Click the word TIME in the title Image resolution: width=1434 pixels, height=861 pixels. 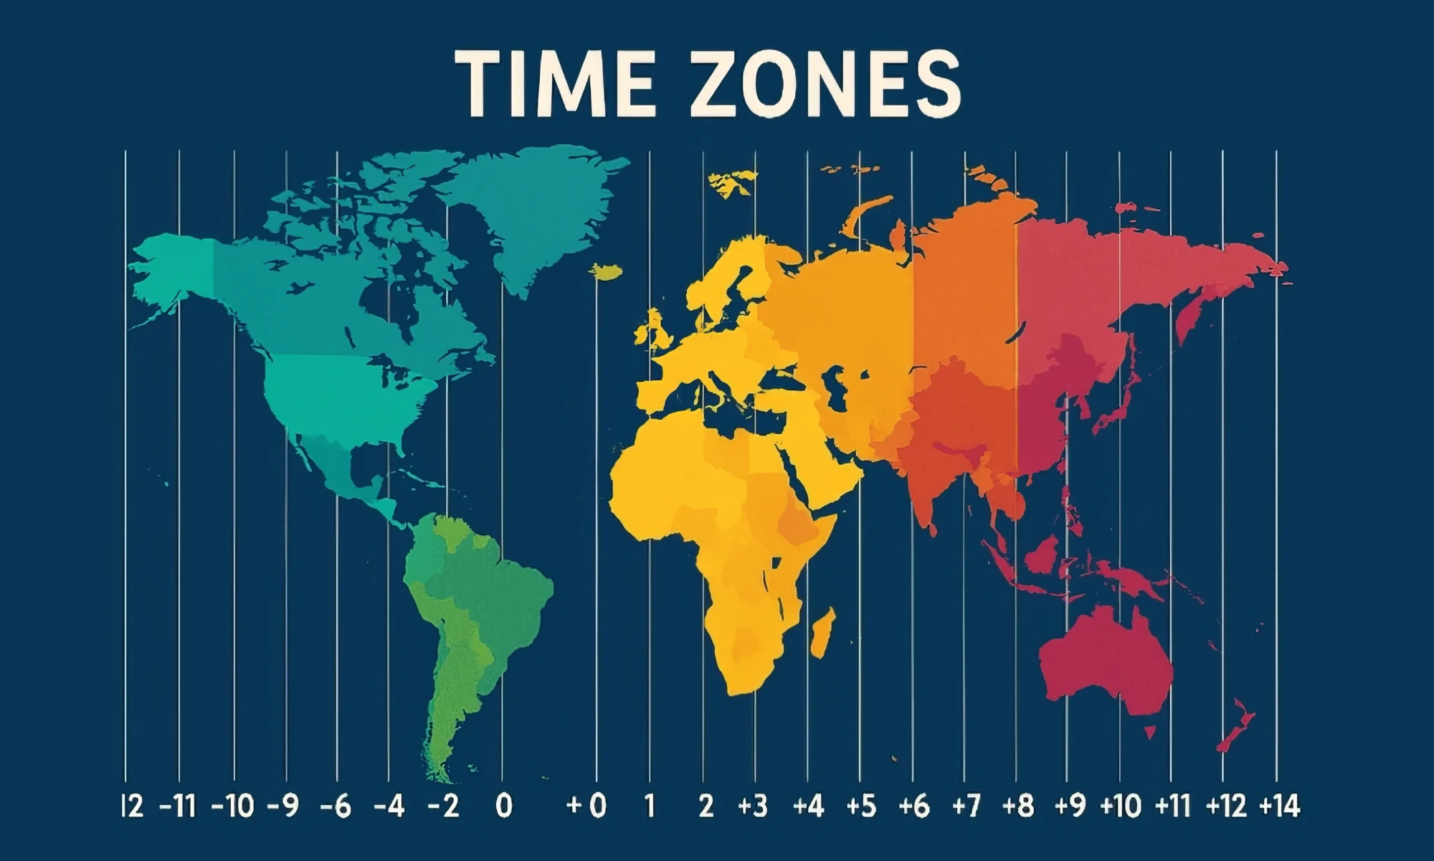coord(554,85)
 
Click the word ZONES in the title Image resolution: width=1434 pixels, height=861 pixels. coord(825,85)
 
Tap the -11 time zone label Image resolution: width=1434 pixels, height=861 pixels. coord(176,806)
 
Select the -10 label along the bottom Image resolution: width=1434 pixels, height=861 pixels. coord(233,806)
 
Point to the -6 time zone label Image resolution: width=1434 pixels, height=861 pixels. coord(336,806)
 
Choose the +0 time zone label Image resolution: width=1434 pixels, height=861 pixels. coord(587,806)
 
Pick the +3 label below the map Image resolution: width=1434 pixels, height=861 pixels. coord(753,806)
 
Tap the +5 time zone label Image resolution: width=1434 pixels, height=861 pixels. coord(861,806)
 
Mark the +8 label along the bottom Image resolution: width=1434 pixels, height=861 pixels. coord(1018,806)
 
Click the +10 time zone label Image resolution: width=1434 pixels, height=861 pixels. coord(1121,806)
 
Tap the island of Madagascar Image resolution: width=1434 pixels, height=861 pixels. coord(822,631)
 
